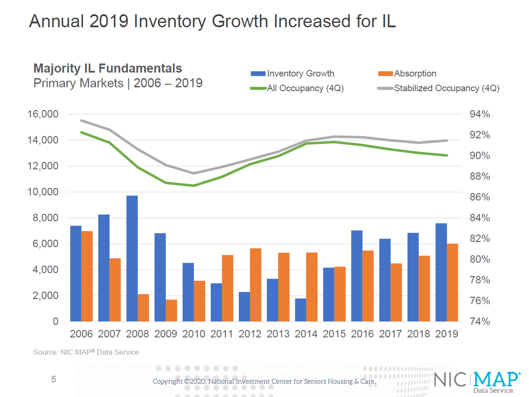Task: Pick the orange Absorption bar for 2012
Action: click(256, 285)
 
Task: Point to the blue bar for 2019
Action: click(441, 272)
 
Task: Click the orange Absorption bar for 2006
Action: click(87, 276)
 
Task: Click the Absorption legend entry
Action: click(407, 74)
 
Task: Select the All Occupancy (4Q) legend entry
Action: click(297, 88)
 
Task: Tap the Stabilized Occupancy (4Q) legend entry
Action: click(439, 88)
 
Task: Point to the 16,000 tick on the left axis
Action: click(43, 115)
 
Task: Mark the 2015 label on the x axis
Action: click(334, 334)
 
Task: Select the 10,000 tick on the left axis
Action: click(43, 192)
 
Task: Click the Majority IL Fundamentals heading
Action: click(108, 69)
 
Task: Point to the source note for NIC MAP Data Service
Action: click(86, 352)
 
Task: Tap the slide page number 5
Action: click(54, 379)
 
